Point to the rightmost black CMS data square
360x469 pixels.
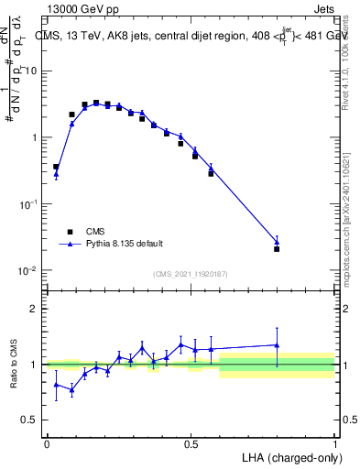(x=277, y=248)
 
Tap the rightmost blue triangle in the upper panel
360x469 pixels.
(x=277, y=242)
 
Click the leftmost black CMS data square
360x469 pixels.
(x=56, y=167)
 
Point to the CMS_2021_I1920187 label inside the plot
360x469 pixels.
(x=190, y=274)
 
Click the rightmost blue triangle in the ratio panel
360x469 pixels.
(x=277, y=344)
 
